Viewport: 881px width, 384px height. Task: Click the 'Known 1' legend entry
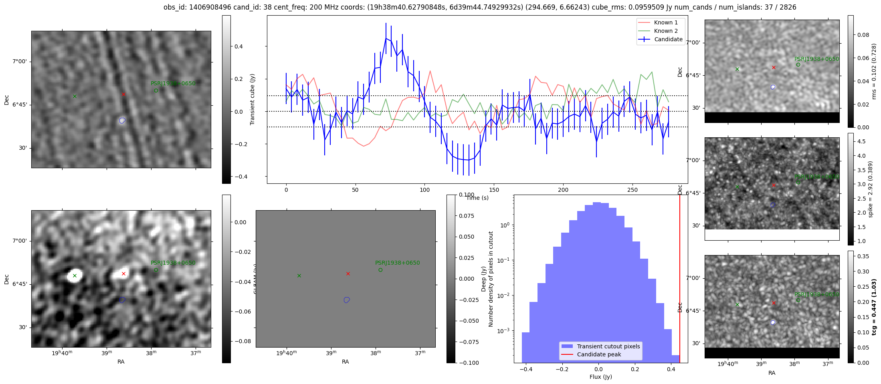coord(666,22)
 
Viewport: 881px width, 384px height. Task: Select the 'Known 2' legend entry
coord(666,31)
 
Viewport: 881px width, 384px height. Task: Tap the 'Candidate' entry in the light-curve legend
coord(668,39)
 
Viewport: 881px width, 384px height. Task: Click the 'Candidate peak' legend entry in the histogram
coord(599,354)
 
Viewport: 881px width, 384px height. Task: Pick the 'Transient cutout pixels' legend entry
coord(608,346)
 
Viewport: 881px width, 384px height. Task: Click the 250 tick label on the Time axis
coord(632,190)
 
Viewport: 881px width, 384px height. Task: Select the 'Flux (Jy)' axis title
coord(600,377)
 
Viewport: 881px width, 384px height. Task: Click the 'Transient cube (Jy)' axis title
coord(253,99)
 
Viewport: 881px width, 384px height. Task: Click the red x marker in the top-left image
coord(123,94)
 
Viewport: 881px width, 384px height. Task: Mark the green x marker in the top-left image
coord(75,96)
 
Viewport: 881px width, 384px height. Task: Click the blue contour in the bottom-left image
coord(122,300)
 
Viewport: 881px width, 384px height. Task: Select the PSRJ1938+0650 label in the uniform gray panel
coord(397,263)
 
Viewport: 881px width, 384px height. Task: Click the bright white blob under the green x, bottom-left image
coord(75,276)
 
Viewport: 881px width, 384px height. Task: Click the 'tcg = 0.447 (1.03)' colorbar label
coord(874,307)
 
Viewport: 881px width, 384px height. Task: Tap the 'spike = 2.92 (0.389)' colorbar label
coord(870,189)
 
